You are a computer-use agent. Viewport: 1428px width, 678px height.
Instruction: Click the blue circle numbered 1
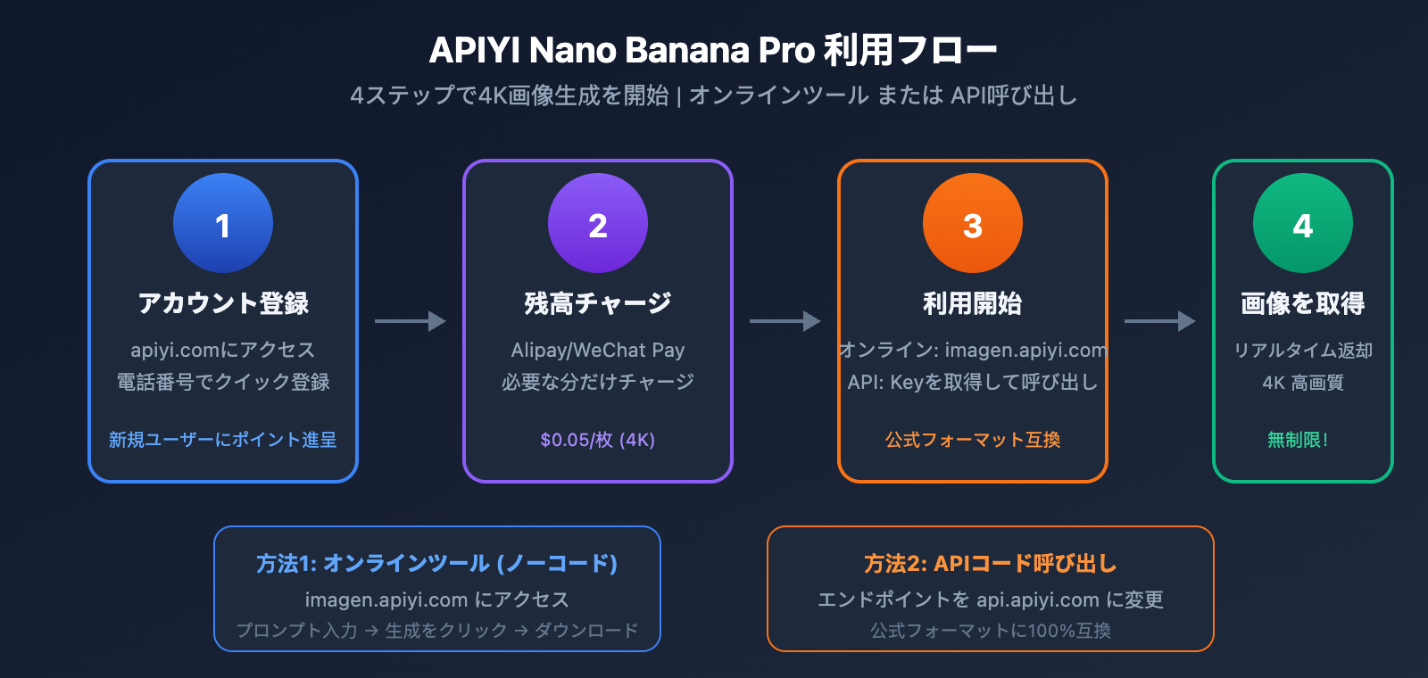[223, 223]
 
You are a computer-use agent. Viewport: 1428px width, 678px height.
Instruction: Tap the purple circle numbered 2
[598, 223]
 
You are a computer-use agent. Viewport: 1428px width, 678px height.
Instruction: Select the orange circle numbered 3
[973, 223]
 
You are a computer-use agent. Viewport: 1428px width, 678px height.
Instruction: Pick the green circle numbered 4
[1303, 223]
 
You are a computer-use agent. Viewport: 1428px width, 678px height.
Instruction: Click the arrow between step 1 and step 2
[411, 321]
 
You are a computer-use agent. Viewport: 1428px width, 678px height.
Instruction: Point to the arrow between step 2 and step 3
[785, 321]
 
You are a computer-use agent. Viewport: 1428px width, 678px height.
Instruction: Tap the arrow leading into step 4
[1160, 321]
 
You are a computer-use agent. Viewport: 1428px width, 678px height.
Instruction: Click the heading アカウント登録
[223, 303]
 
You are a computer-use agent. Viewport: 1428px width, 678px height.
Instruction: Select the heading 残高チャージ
[598, 303]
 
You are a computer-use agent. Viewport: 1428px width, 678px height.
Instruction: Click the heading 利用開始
[973, 303]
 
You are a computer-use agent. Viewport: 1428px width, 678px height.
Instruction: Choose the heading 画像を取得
[1303, 303]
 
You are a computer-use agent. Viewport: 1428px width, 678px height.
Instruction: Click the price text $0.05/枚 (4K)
[598, 440]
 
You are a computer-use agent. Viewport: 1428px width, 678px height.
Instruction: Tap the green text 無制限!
[1298, 440]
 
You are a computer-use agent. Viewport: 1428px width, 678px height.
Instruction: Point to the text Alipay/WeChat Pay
[598, 350]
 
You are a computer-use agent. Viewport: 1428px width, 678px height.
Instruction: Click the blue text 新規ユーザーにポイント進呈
[223, 440]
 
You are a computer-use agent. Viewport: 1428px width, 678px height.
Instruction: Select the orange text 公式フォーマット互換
[973, 440]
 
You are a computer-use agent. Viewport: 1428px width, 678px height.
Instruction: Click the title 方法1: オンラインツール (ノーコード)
[437, 564]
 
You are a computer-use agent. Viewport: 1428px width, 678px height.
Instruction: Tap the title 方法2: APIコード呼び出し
[991, 564]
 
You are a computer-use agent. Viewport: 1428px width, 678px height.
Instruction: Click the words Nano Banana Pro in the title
[672, 51]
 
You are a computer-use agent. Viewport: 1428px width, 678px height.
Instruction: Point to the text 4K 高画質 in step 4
[1303, 383]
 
